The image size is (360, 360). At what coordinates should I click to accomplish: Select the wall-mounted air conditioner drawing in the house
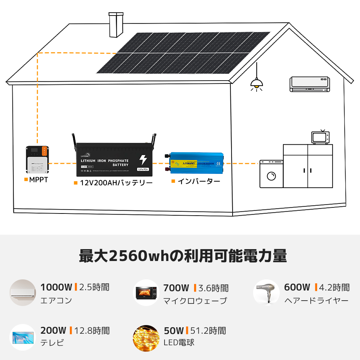[310, 84]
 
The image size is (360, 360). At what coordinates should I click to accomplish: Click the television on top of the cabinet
[320, 138]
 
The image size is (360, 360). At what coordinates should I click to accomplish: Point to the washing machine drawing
[271, 174]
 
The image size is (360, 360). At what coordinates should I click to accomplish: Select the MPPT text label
[38, 179]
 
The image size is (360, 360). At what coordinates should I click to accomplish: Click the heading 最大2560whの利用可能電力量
[183, 256]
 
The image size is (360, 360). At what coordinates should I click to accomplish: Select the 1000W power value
[57, 287]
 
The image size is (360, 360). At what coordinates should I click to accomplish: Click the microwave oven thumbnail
[146, 293]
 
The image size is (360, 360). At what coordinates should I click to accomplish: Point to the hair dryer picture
[266, 292]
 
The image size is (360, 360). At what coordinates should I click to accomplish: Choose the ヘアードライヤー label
[316, 300]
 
